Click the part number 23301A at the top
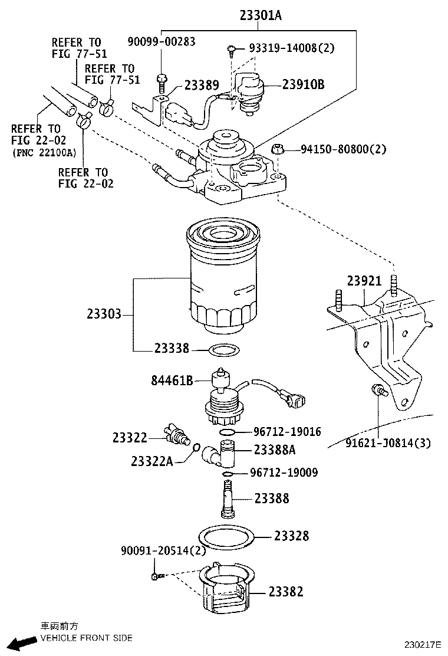tap(261, 16)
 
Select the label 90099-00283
tap(162, 41)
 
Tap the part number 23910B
tap(303, 84)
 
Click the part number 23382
tap(286, 591)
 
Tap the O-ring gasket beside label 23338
tap(224, 349)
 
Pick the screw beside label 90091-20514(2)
tap(156, 576)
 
